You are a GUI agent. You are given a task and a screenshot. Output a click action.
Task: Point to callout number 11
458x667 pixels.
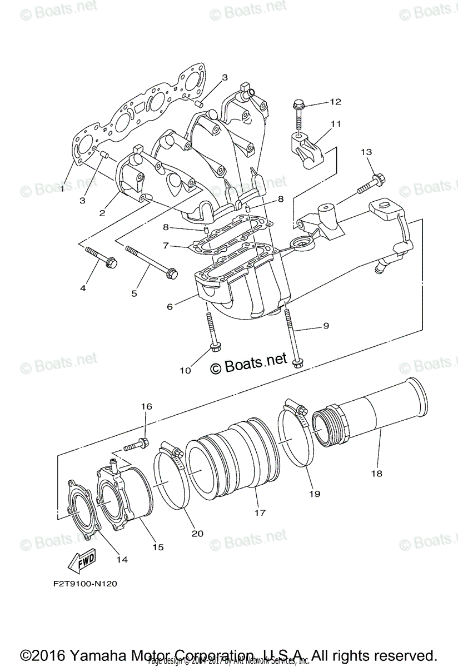[334, 124]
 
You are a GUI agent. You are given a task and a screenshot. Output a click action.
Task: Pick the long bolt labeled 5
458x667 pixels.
[151, 260]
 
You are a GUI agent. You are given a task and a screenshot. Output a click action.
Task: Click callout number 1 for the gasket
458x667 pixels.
[62, 188]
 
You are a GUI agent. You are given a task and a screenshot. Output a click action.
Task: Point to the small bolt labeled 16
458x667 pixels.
[136, 444]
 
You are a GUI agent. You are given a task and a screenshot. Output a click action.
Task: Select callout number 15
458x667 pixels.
[158, 547]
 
